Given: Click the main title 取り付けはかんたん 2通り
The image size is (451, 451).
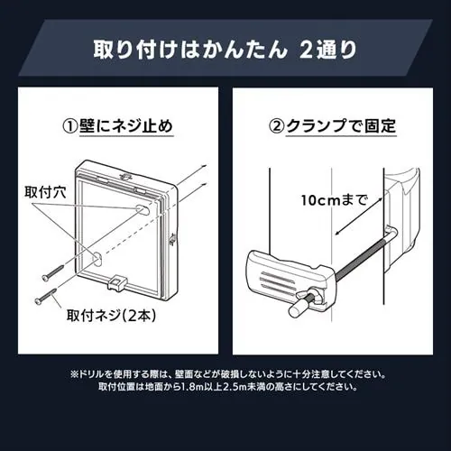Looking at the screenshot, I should [225, 48].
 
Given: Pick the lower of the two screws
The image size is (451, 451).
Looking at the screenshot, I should [44, 295].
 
